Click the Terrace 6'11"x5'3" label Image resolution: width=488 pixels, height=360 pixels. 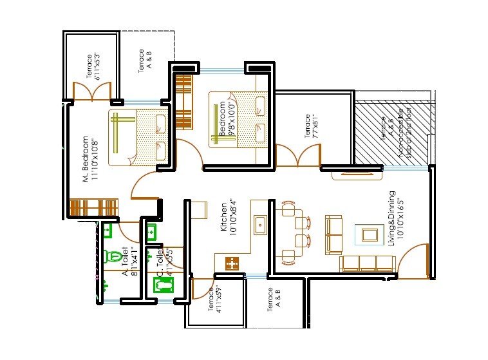[90, 66]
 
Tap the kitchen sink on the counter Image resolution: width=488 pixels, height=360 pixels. [261, 225]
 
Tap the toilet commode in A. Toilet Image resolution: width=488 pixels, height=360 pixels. [115, 256]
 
